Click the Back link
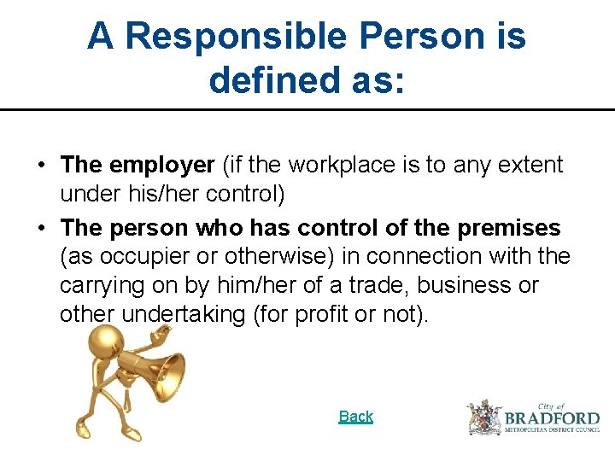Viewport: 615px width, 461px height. [355, 417]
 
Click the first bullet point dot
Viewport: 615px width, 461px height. [41, 165]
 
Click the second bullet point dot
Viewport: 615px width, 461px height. [41, 229]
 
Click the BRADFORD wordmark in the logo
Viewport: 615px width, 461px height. [552, 418]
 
